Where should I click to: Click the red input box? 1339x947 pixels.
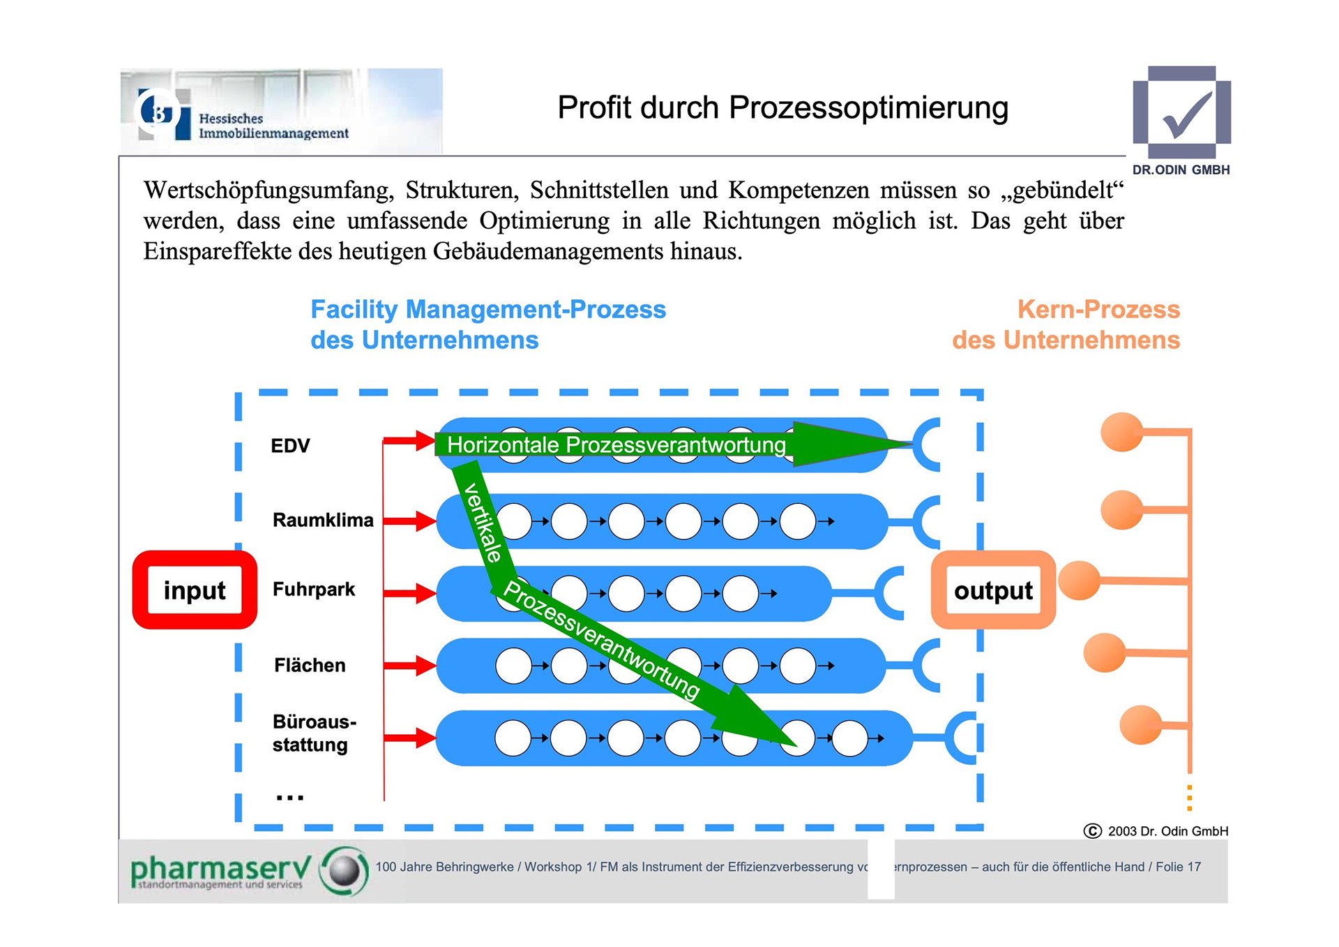(x=195, y=590)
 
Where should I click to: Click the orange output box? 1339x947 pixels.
(x=993, y=590)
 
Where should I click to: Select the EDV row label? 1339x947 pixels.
(x=290, y=446)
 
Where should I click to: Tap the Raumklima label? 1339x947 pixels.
(x=323, y=521)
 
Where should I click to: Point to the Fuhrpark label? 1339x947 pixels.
(x=314, y=590)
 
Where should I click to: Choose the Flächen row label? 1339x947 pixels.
(x=310, y=666)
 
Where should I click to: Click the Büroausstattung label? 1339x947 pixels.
(x=314, y=733)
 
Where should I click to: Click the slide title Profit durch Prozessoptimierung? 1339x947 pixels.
(x=782, y=108)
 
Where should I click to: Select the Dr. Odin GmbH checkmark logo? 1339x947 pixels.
(x=1182, y=113)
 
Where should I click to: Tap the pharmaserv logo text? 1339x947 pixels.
(x=220, y=870)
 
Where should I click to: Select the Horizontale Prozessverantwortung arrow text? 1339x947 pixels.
(x=616, y=445)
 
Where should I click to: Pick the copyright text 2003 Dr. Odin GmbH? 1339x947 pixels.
(x=1167, y=831)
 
